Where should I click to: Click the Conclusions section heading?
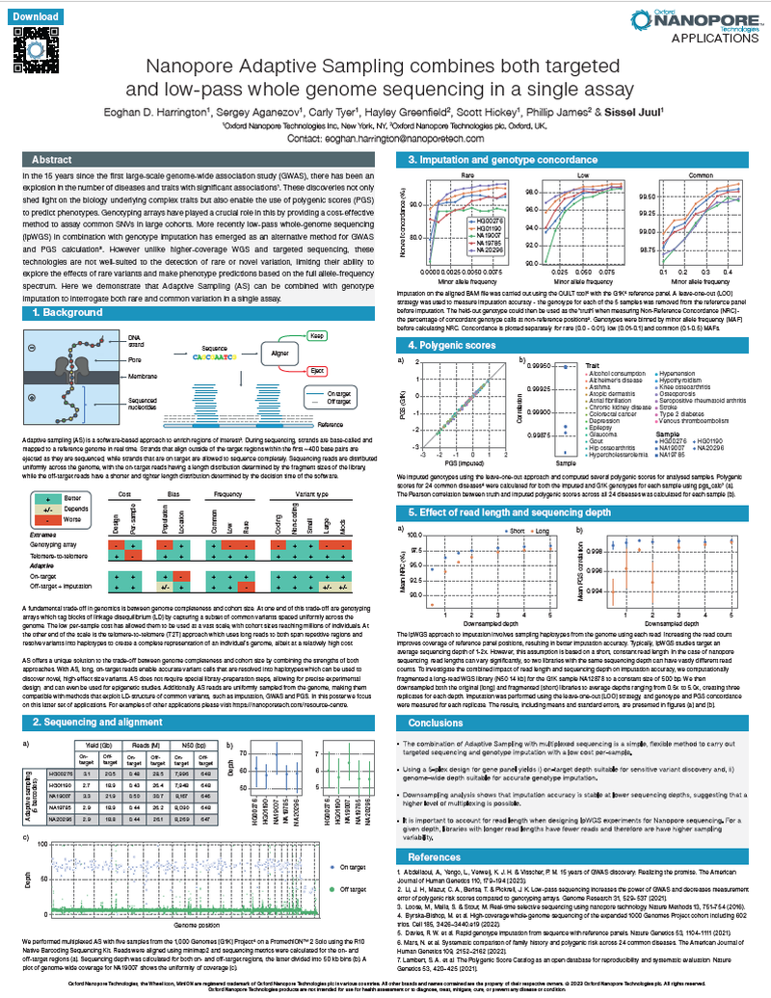click(x=435, y=696)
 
